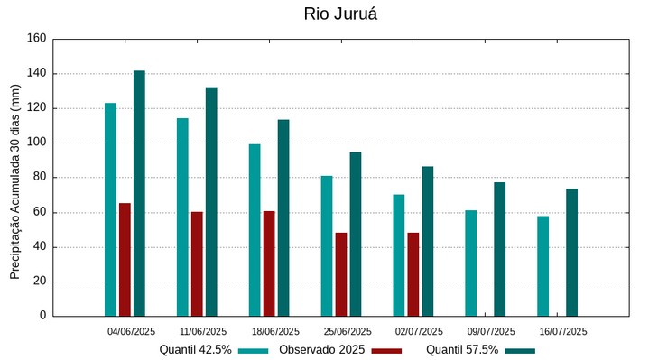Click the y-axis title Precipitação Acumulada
click(14, 180)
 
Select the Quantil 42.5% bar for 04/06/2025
click(110, 209)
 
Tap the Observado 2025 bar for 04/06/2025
click(125, 260)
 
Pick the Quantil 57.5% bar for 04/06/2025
click(139, 193)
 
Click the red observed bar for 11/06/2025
click(197, 263)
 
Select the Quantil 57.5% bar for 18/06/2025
click(283, 217)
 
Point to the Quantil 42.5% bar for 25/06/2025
click(327, 245)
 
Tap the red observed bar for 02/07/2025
click(413, 274)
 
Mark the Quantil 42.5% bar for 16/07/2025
click(542, 266)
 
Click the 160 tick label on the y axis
click(36, 39)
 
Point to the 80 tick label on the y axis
click(39, 178)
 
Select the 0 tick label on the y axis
click(42, 316)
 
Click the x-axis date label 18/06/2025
click(274, 331)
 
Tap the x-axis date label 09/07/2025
click(491, 331)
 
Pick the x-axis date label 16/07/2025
click(563, 331)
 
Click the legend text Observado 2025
click(321, 350)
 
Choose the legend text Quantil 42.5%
click(196, 350)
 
